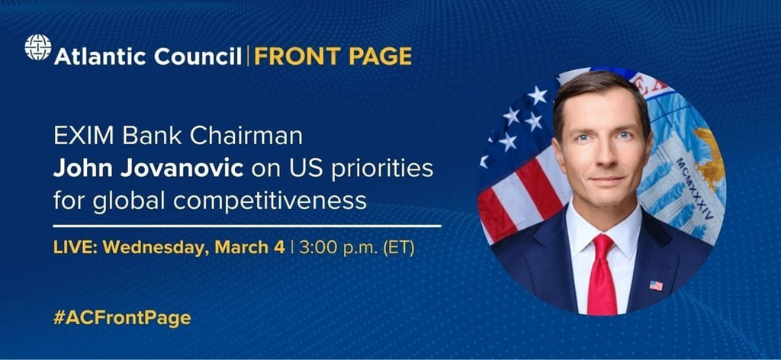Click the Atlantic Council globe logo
pyautogui.click(x=38, y=48)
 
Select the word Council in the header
pyautogui.click(x=198, y=56)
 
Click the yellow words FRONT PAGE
pyautogui.click(x=333, y=56)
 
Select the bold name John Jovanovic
pyautogui.click(x=149, y=169)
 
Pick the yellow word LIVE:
pyautogui.click(x=76, y=247)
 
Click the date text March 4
pyautogui.click(x=249, y=247)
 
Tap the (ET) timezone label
pyautogui.click(x=398, y=248)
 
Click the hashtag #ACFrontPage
pyautogui.click(x=122, y=318)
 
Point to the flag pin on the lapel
pyautogui.click(x=656, y=285)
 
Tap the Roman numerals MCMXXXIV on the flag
pyautogui.click(x=696, y=188)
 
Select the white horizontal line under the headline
pyautogui.click(x=247, y=226)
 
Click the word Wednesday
pyautogui.click(x=156, y=248)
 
